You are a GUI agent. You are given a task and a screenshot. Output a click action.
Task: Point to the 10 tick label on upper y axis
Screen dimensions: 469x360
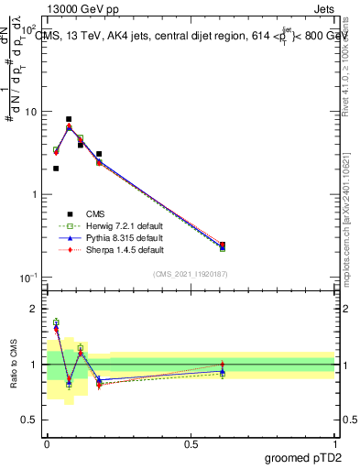click(29, 112)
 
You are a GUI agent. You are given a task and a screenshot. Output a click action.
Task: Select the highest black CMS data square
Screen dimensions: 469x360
click(69, 119)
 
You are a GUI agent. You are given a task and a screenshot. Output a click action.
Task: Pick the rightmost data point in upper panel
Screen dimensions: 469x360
click(223, 245)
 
